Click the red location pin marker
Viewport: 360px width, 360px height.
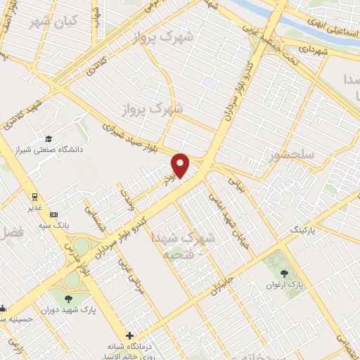coord(181,165)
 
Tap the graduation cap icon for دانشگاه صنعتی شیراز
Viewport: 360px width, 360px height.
coord(49,139)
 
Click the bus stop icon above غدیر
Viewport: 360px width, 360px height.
coord(32,196)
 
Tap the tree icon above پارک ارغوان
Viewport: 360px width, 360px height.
coord(284,273)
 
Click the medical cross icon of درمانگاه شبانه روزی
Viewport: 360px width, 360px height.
coord(129,335)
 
